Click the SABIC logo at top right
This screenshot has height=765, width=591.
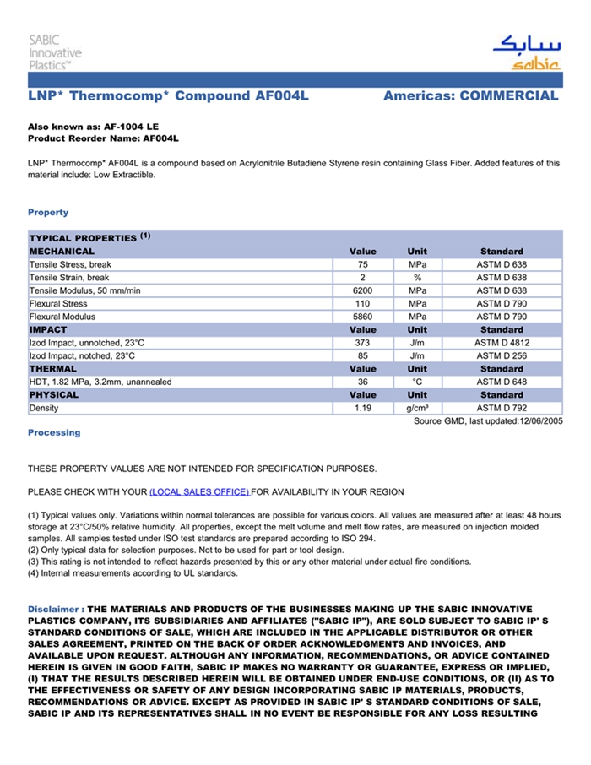point(525,52)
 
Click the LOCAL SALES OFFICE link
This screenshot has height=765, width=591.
point(199,491)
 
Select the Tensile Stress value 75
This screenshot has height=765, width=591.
point(362,264)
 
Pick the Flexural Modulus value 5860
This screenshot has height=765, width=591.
point(362,317)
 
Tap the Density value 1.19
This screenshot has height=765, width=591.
point(362,408)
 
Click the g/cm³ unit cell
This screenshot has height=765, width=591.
point(417,408)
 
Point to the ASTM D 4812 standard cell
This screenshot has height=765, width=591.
point(502,343)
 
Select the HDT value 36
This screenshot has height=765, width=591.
point(362,382)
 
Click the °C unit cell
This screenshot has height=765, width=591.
point(417,382)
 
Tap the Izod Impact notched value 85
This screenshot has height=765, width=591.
point(362,355)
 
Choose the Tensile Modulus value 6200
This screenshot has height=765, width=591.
point(362,290)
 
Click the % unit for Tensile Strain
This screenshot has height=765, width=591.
point(417,278)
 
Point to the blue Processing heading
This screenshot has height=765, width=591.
point(54,432)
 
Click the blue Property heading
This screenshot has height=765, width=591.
point(48,212)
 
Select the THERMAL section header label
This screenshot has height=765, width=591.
point(53,369)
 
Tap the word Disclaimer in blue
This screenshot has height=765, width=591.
point(55,609)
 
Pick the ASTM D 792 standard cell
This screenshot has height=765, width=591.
point(502,408)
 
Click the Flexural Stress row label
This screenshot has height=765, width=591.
point(58,304)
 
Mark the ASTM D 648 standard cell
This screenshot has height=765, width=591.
point(502,382)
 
